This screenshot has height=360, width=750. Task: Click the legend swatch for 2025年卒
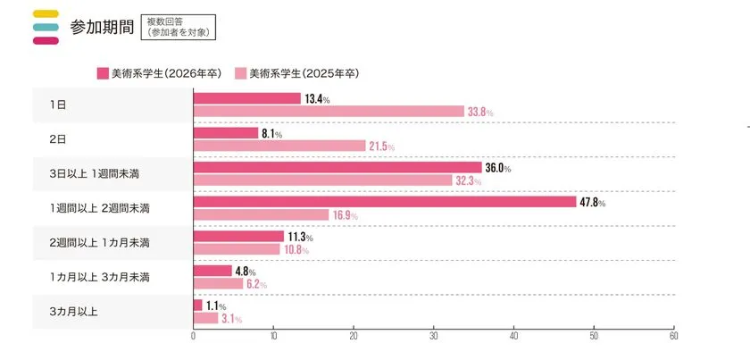(240, 73)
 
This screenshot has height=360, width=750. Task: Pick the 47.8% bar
(385, 202)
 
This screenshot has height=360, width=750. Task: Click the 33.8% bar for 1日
(329, 112)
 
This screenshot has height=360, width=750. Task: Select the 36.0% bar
(337, 167)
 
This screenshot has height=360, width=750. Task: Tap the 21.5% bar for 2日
(279, 146)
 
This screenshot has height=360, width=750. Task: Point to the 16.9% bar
(261, 214)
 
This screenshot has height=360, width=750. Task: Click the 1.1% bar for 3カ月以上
(197, 305)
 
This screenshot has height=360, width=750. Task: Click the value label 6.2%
(256, 284)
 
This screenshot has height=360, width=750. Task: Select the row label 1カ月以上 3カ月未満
(100, 277)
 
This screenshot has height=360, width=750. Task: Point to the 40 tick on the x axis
(513, 337)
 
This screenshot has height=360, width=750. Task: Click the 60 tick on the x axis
(673, 337)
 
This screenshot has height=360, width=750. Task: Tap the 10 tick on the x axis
(273, 337)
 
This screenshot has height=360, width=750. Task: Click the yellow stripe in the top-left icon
(45, 13)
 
